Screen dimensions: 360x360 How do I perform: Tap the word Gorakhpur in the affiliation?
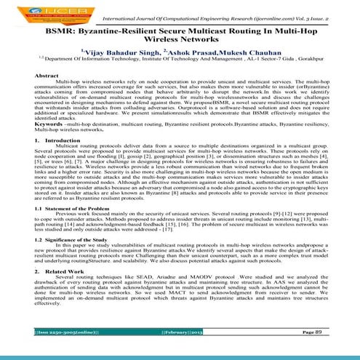coord(314,64)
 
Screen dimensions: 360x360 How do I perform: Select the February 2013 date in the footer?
coord(180,351)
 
